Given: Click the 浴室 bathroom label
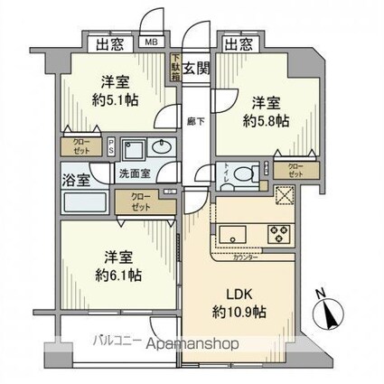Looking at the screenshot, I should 74,179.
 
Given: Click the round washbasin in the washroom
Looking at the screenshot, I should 164,149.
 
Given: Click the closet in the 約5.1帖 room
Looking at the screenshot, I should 80,144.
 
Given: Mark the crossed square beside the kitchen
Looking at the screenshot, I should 284,196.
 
